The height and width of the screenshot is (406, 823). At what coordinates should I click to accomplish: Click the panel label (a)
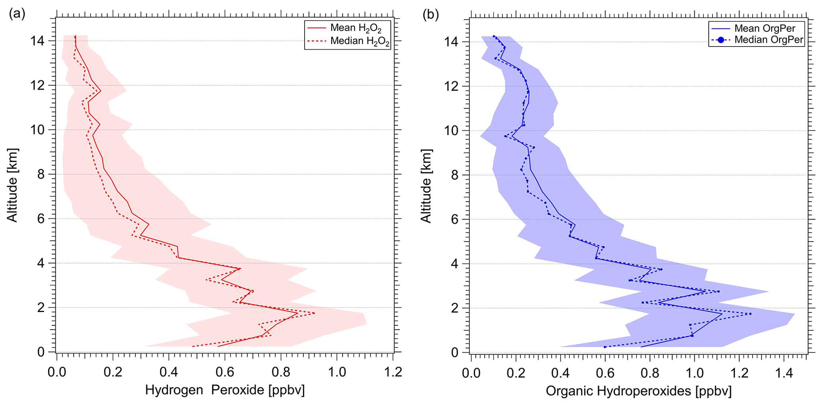[x=17, y=14]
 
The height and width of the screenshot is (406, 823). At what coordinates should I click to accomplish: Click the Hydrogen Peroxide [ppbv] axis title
[x=225, y=390]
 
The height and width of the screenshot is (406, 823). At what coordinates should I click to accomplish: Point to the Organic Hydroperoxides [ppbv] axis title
[x=639, y=391]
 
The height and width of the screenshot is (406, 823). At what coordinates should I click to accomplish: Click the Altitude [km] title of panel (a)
[x=12, y=185]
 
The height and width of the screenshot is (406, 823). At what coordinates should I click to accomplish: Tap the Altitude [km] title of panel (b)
[x=426, y=186]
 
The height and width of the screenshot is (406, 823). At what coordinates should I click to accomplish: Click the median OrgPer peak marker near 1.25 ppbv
[x=750, y=314]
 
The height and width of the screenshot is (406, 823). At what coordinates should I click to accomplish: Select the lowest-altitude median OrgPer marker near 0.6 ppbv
[x=605, y=347]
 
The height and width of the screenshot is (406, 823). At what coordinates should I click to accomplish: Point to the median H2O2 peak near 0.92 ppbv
[x=314, y=313]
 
